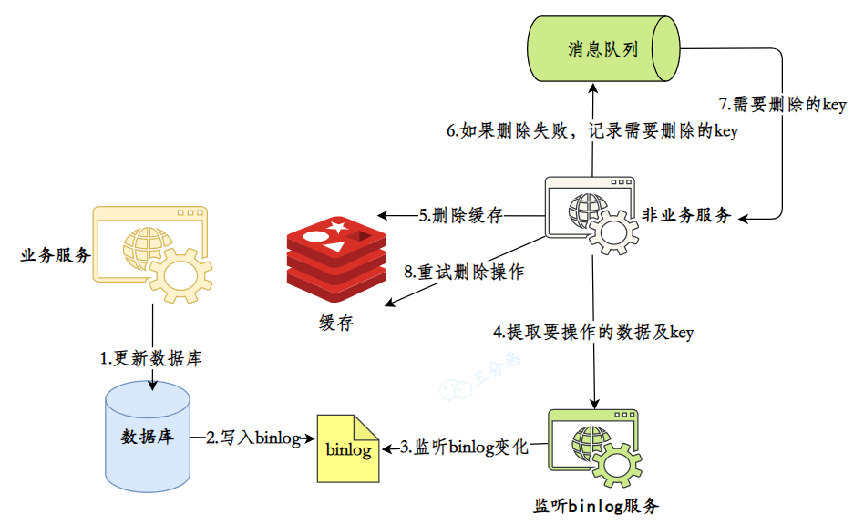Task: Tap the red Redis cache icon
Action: (335, 258)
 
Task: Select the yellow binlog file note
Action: (346, 448)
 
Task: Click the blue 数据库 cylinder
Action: (148, 435)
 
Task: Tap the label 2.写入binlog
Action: (252, 438)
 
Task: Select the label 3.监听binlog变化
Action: (464, 448)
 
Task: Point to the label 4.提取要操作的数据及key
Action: (593, 333)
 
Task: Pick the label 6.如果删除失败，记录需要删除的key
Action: (591, 131)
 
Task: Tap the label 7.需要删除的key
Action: (783, 105)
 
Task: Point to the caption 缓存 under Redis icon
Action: (334, 322)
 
